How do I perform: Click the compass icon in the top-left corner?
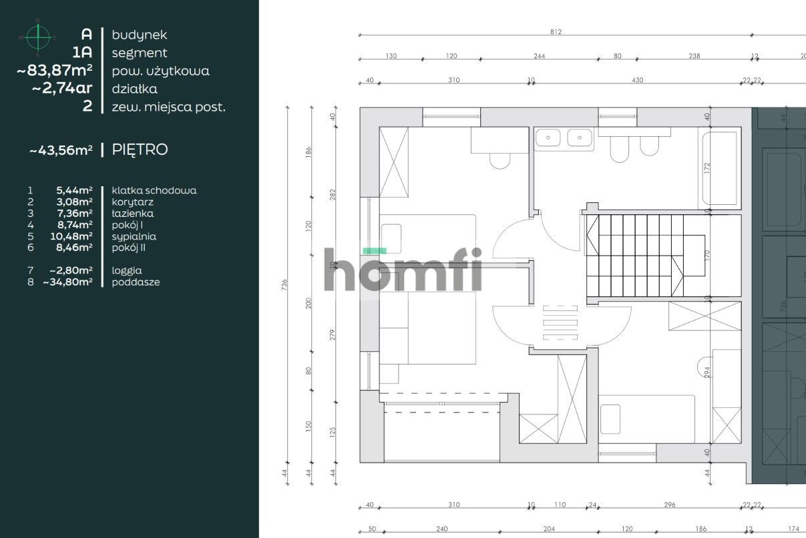(39, 37)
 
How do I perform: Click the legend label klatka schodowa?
(154, 190)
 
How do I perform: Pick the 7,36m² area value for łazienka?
(74, 214)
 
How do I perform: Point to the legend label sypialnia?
(134, 236)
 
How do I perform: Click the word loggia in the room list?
(127, 270)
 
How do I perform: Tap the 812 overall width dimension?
(556, 31)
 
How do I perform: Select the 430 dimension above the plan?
(637, 80)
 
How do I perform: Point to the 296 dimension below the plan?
(670, 505)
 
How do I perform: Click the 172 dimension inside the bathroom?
(707, 168)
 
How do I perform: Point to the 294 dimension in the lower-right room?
(707, 371)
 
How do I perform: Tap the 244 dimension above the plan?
(539, 56)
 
